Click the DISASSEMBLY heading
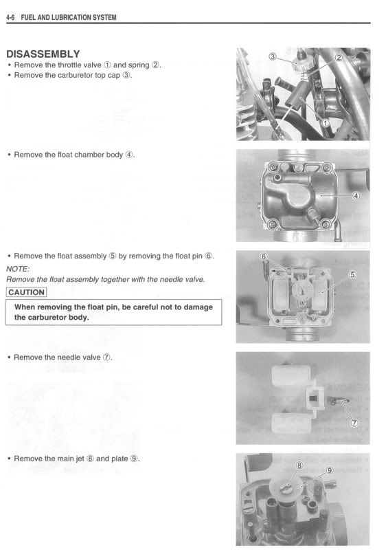[43, 54]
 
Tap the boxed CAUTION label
[27, 292]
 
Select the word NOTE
[17, 269]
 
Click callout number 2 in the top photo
[339, 58]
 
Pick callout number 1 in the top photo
[326, 122]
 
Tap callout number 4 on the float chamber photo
[356, 195]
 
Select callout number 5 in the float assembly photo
[353, 275]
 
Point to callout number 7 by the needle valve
[355, 421]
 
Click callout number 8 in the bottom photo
[299, 465]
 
